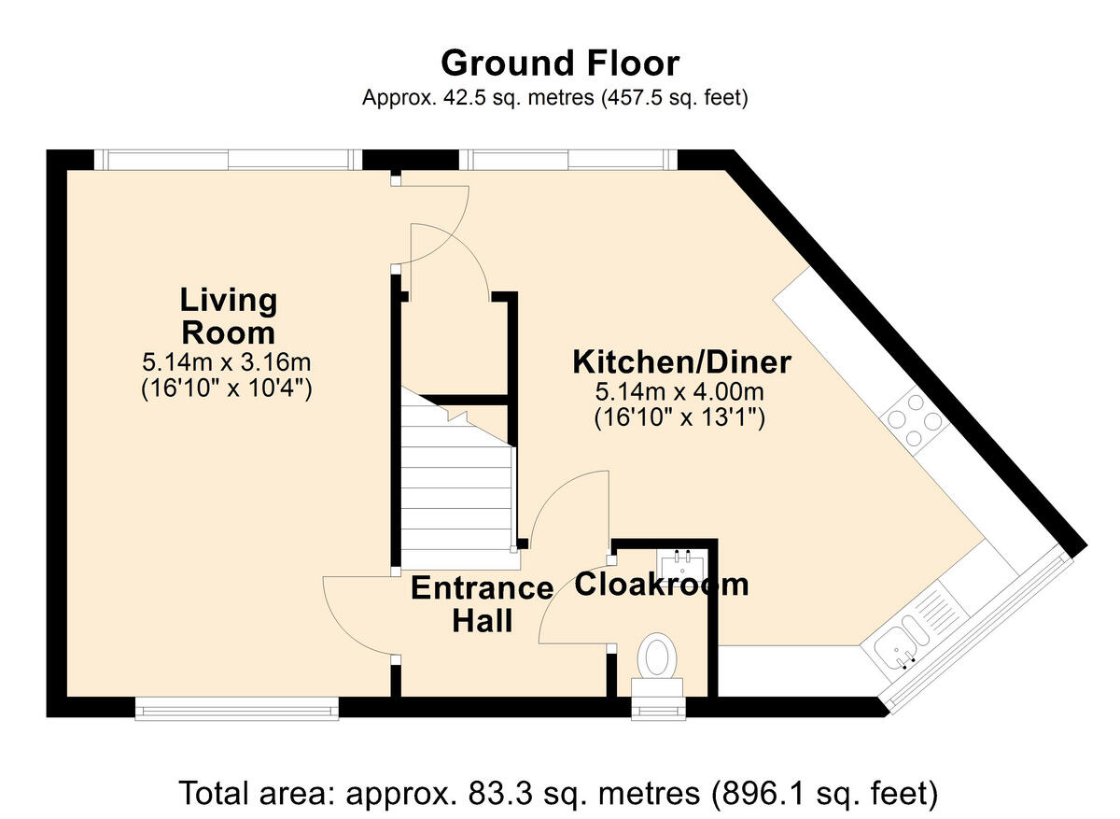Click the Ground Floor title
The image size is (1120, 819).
point(559,64)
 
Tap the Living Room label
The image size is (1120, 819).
point(229,317)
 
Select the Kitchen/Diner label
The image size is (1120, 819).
point(681,362)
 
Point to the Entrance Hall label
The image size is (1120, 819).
point(482,604)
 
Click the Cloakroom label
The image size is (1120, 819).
point(662,584)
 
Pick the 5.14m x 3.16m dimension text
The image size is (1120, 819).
point(227,362)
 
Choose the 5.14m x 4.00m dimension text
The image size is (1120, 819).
point(679,391)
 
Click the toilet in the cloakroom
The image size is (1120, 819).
point(658,665)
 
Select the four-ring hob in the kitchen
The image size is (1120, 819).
point(915,421)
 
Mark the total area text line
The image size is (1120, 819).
point(558,793)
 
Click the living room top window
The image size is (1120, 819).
point(228,160)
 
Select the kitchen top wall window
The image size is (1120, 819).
point(568,160)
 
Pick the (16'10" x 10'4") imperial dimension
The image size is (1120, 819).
point(227,388)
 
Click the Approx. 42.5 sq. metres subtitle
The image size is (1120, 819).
point(555,97)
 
